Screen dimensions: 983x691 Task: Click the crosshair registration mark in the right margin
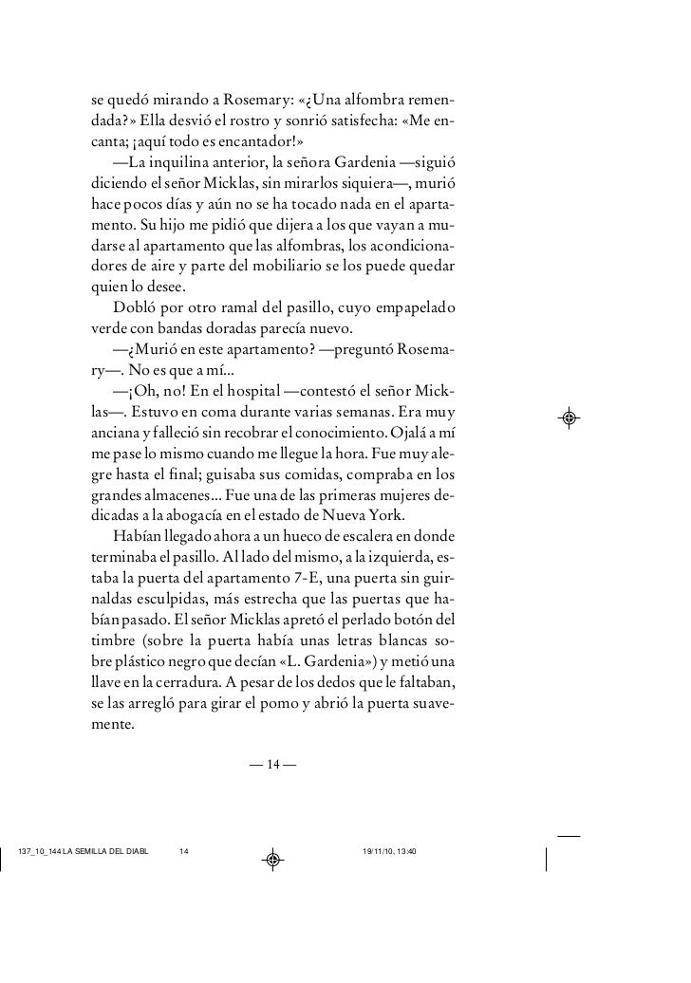pos(570,417)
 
